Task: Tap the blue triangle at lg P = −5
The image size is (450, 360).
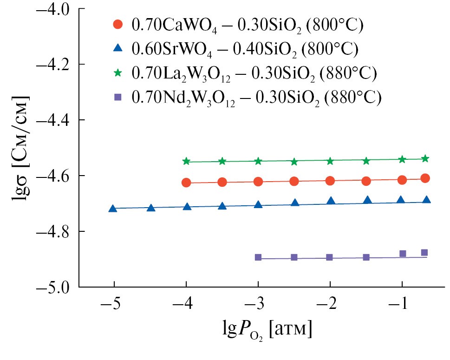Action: [x=113, y=209]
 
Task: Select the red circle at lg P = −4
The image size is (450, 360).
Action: [x=186, y=183]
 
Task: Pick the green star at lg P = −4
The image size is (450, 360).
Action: [x=186, y=161]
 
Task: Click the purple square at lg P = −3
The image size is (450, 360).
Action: [x=258, y=257]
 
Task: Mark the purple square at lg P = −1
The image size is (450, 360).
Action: [x=403, y=254]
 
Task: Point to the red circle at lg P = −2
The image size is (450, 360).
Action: [x=330, y=181]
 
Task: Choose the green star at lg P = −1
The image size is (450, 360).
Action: [x=402, y=159]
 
